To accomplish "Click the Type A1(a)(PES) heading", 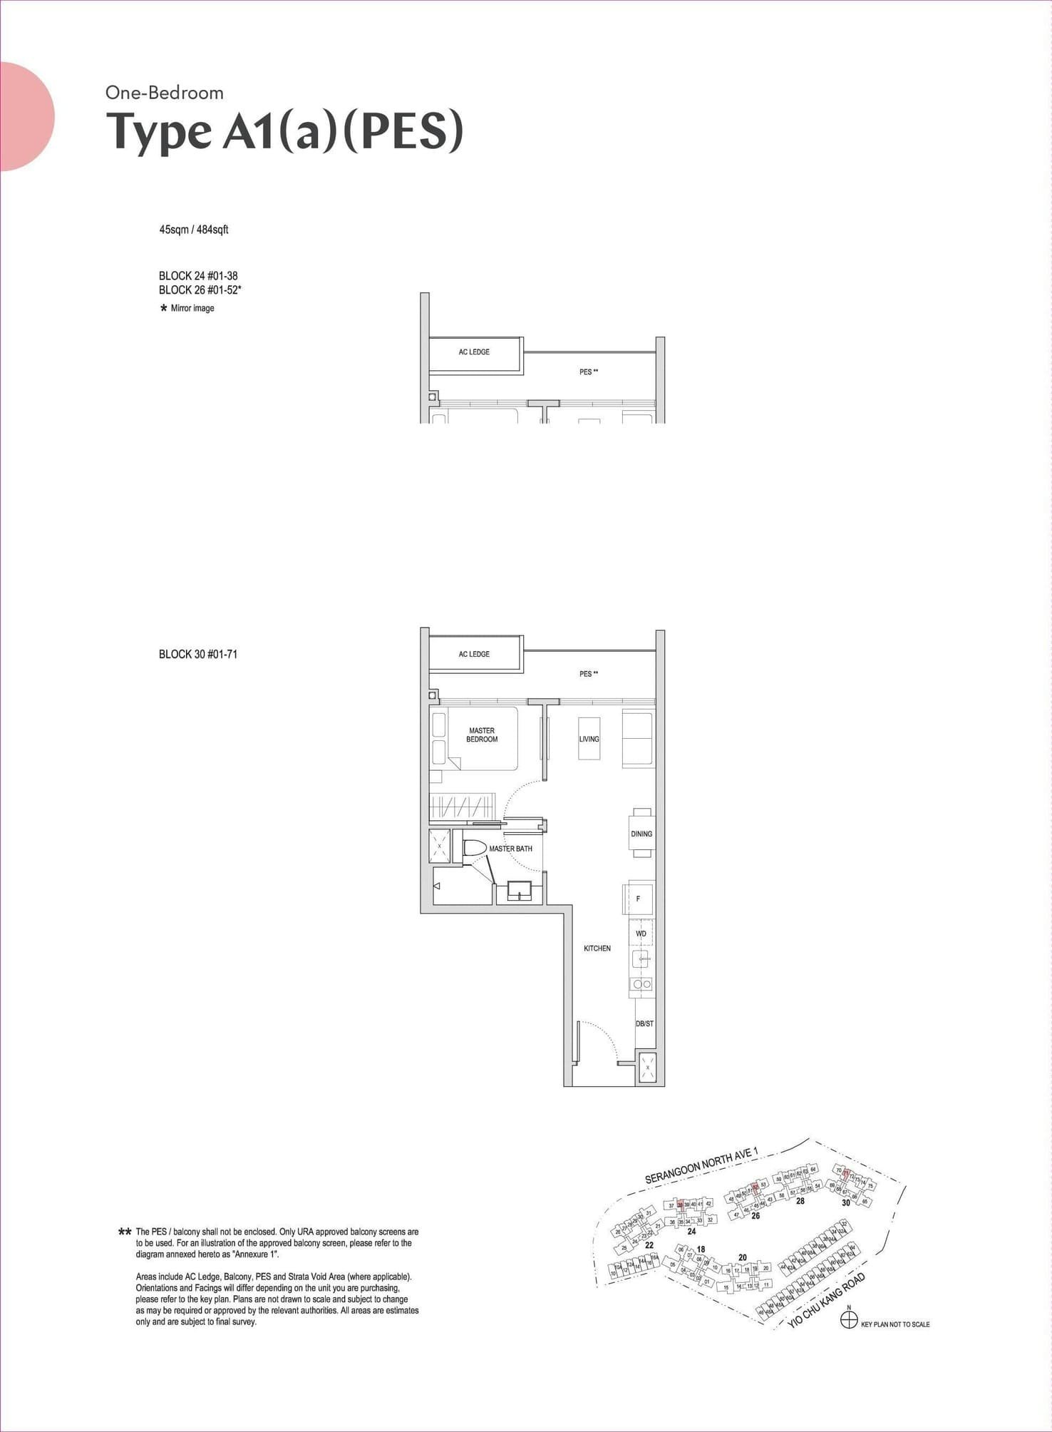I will (284, 132).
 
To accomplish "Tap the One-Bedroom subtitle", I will (165, 93).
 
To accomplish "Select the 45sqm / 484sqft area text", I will (194, 230).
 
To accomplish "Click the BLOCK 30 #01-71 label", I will (198, 654).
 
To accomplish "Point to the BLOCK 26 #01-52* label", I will (200, 290).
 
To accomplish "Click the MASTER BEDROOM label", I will (482, 735).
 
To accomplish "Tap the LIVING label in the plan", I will (589, 739).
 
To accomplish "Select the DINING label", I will (641, 834).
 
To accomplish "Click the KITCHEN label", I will (597, 948).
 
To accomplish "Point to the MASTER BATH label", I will (510, 849).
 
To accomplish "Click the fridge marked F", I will (639, 899).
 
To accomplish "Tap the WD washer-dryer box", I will (641, 934).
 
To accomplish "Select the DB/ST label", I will (644, 1023).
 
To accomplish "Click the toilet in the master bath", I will (474, 849).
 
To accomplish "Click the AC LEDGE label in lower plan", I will (474, 654).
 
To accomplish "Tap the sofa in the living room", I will (638, 739).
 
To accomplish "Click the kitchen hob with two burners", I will (642, 984).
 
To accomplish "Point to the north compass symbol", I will (848, 1320).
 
